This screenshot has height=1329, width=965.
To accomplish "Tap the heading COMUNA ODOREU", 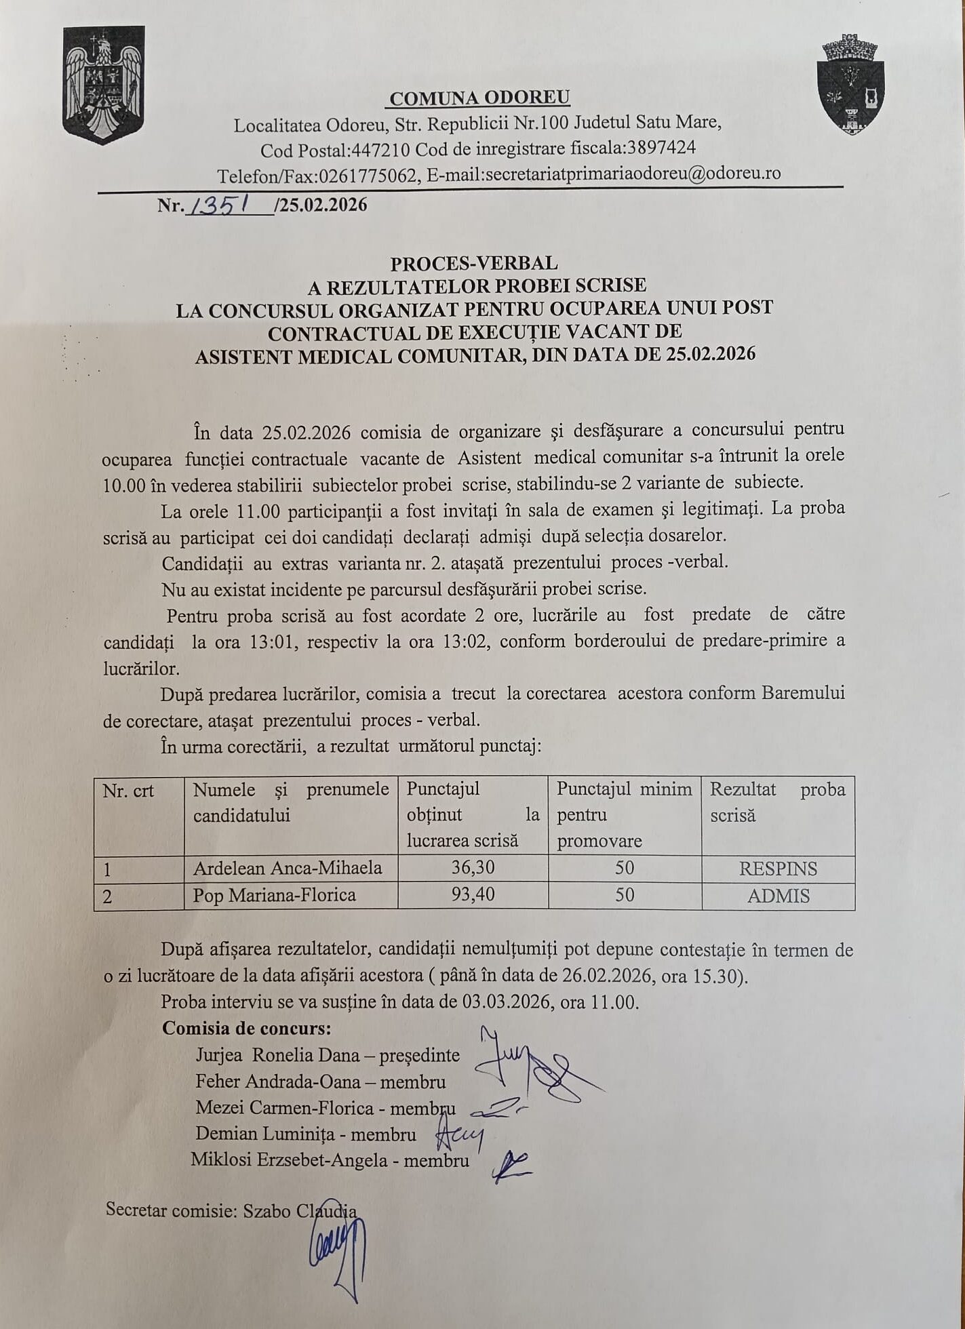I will pos(479,98).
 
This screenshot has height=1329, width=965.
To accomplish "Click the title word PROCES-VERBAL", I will pos(474,262).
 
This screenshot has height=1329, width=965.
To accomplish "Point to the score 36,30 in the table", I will pos(473,867).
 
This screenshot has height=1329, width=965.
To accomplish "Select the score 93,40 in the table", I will pos(473,894).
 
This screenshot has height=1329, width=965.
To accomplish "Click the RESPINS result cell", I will pos(778,869).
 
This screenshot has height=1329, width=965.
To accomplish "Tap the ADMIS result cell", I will pos(778,896).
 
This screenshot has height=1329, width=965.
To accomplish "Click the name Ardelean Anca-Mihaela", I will pos(288,867).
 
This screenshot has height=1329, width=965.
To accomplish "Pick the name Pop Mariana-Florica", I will pos(274,895).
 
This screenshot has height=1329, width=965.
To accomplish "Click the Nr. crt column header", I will pos(128,791).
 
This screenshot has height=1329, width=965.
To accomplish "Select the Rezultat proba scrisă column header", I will pos(777,802).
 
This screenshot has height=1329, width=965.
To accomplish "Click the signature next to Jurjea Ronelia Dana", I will pos(529,1064).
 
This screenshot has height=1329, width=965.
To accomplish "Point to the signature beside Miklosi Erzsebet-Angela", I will pos(510,1162).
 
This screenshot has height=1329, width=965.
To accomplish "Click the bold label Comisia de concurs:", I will pos(246,1028).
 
